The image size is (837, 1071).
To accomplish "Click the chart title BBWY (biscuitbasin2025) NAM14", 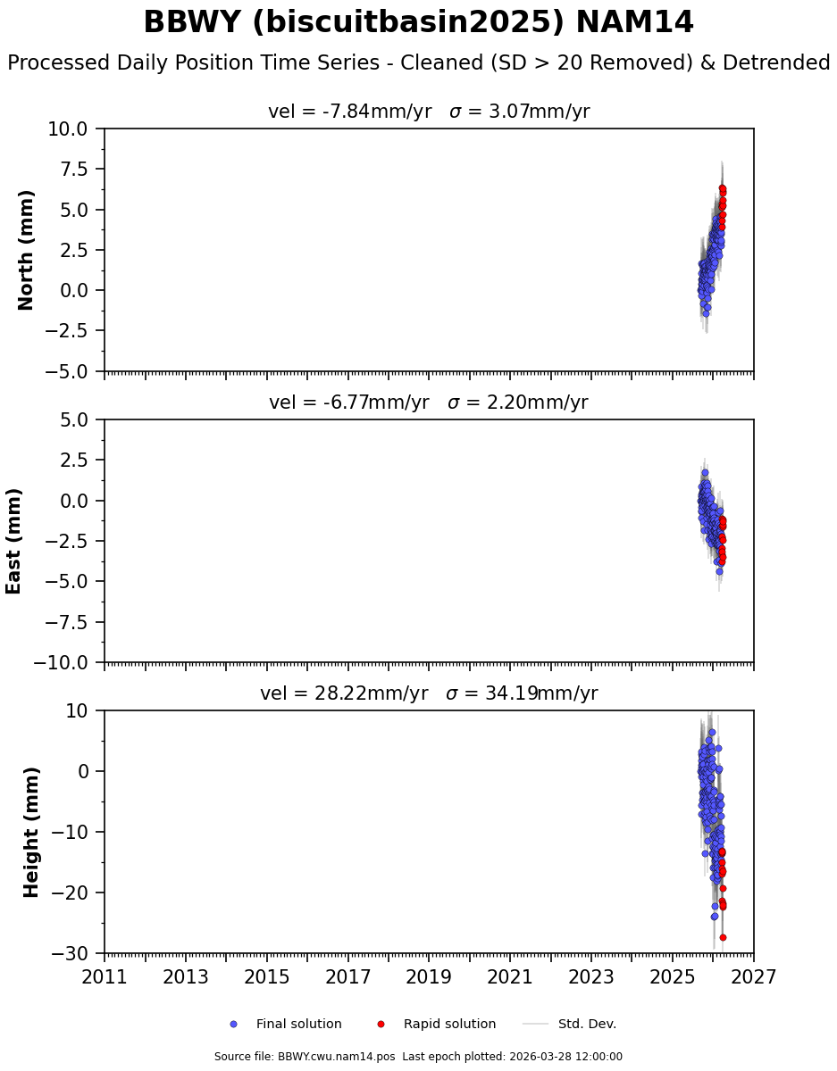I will click(418, 22).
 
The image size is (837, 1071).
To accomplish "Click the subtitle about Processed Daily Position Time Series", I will click(418, 63).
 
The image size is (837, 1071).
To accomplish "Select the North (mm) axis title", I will click(26, 250).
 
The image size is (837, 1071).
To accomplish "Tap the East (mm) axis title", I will click(13, 541).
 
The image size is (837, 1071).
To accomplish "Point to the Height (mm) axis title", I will click(32, 832).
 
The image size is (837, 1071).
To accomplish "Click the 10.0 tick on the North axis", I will click(68, 129).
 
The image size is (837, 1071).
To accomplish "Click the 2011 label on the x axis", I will click(105, 977).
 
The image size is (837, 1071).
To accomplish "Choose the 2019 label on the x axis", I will click(429, 977).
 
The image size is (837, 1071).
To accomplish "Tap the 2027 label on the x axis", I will click(753, 977).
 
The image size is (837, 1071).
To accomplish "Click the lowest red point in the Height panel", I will click(723, 937).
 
